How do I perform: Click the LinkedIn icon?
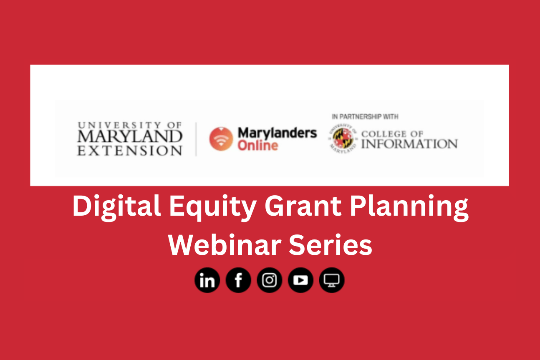click(x=207, y=280)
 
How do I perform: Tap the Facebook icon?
click(x=238, y=280)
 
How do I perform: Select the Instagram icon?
click(x=270, y=280)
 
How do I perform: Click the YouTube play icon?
click(x=300, y=280)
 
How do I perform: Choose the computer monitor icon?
click(x=332, y=280)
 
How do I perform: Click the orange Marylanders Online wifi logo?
click(x=221, y=139)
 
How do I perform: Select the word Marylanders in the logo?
click(x=277, y=133)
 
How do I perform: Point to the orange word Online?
click(x=258, y=146)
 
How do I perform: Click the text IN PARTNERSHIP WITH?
click(x=365, y=117)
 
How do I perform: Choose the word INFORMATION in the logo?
click(x=409, y=144)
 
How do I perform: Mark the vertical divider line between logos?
click(x=196, y=139)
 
